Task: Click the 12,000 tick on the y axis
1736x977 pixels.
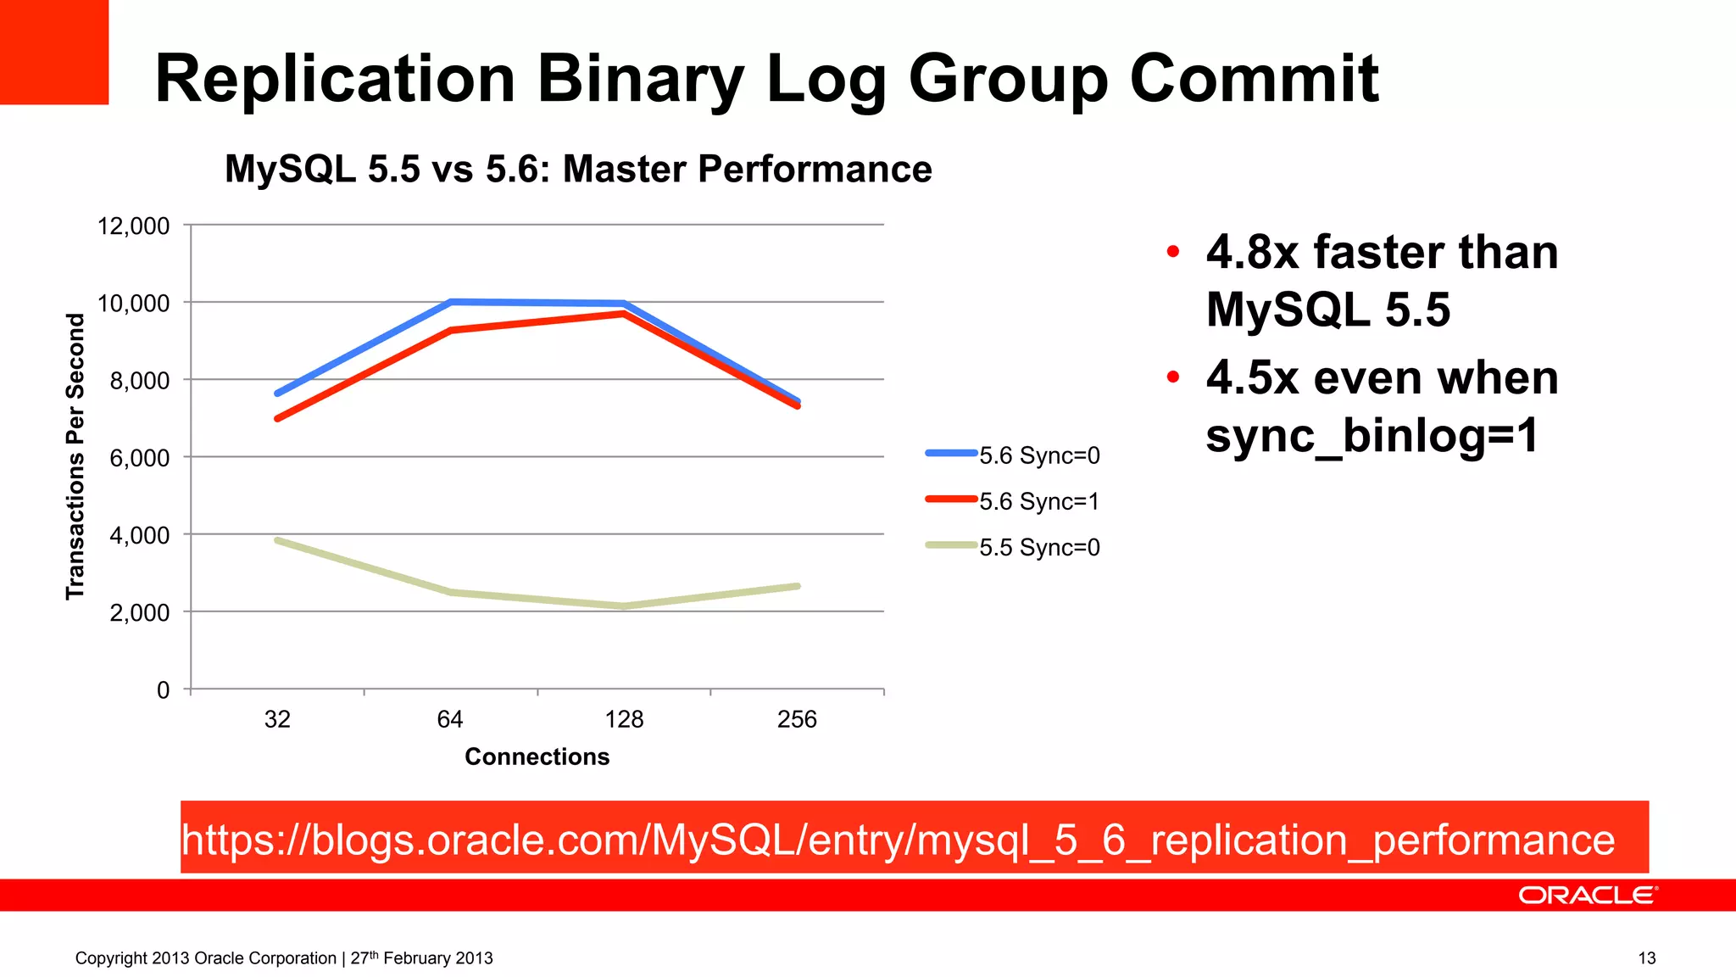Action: coord(134,226)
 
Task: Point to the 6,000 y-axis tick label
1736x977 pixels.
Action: coord(140,458)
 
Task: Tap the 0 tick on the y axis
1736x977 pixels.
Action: coord(164,690)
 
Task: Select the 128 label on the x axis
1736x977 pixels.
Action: coord(624,720)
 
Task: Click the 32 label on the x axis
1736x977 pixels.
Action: coord(277,720)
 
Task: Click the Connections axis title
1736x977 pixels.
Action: coord(537,756)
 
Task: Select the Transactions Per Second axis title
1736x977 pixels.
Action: coord(75,456)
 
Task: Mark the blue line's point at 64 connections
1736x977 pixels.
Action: coord(451,301)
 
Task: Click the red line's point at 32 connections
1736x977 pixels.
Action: coord(277,419)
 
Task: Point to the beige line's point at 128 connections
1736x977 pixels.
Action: coord(624,606)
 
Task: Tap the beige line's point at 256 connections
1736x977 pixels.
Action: coord(798,586)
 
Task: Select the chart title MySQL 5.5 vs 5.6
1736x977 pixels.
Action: coord(578,169)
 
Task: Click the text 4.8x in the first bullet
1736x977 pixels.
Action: coord(1252,252)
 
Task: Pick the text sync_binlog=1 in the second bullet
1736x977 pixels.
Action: coord(1372,435)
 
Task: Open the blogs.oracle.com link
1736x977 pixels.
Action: coord(898,840)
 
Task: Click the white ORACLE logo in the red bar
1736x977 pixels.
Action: coord(1587,896)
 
